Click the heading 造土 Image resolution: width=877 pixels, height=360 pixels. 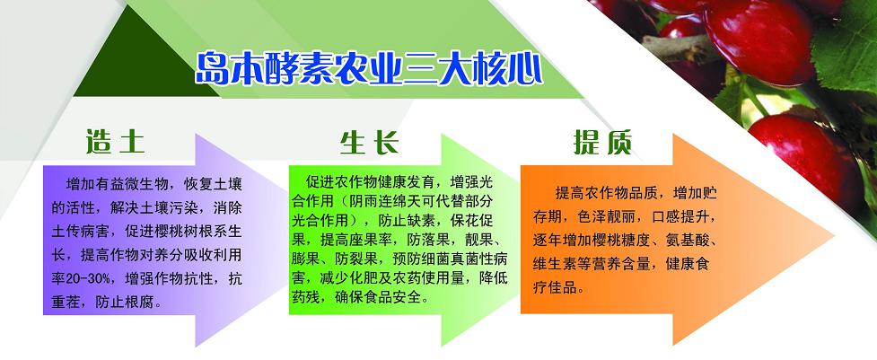[115, 142]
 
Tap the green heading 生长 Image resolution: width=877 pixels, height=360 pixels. [369, 142]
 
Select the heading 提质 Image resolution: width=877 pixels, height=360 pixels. [602, 142]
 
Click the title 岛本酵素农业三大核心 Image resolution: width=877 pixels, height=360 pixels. [369, 69]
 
